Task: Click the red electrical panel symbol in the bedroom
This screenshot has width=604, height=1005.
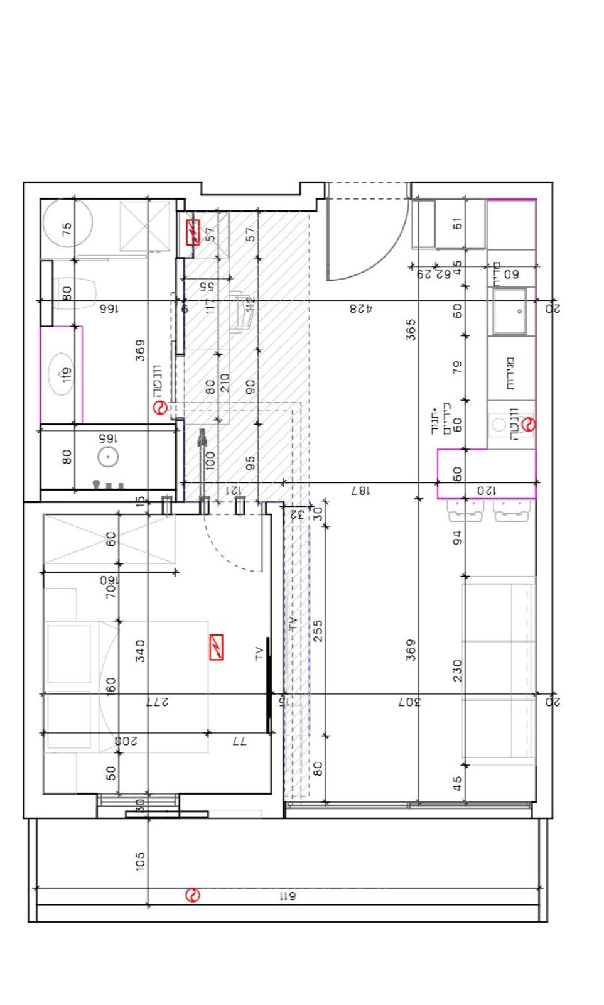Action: (217, 648)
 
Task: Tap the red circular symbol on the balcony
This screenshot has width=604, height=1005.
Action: (193, 895)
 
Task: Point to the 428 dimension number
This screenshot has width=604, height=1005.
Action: (361, 308)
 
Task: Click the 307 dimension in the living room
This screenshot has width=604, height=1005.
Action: (409, 702)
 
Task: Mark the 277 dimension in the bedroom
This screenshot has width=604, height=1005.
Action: (156, 702)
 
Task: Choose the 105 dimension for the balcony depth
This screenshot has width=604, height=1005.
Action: (140, 861)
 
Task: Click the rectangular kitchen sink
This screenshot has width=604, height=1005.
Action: (510, 312)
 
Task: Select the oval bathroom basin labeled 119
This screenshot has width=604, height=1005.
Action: (62, 374)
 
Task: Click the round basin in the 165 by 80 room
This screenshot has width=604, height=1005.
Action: (109, 457)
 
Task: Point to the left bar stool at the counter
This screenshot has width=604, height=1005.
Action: (465, 511)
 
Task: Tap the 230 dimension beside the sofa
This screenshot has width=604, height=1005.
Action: (458, 670)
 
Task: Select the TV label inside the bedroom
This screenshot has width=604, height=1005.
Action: (259, 653)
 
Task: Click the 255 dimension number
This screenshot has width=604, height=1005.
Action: (318, 631)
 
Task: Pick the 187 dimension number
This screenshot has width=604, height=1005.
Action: (360, 491)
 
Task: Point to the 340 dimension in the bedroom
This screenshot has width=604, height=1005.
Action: (140, 651)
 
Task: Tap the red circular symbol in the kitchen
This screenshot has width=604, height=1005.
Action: (529, 425)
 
